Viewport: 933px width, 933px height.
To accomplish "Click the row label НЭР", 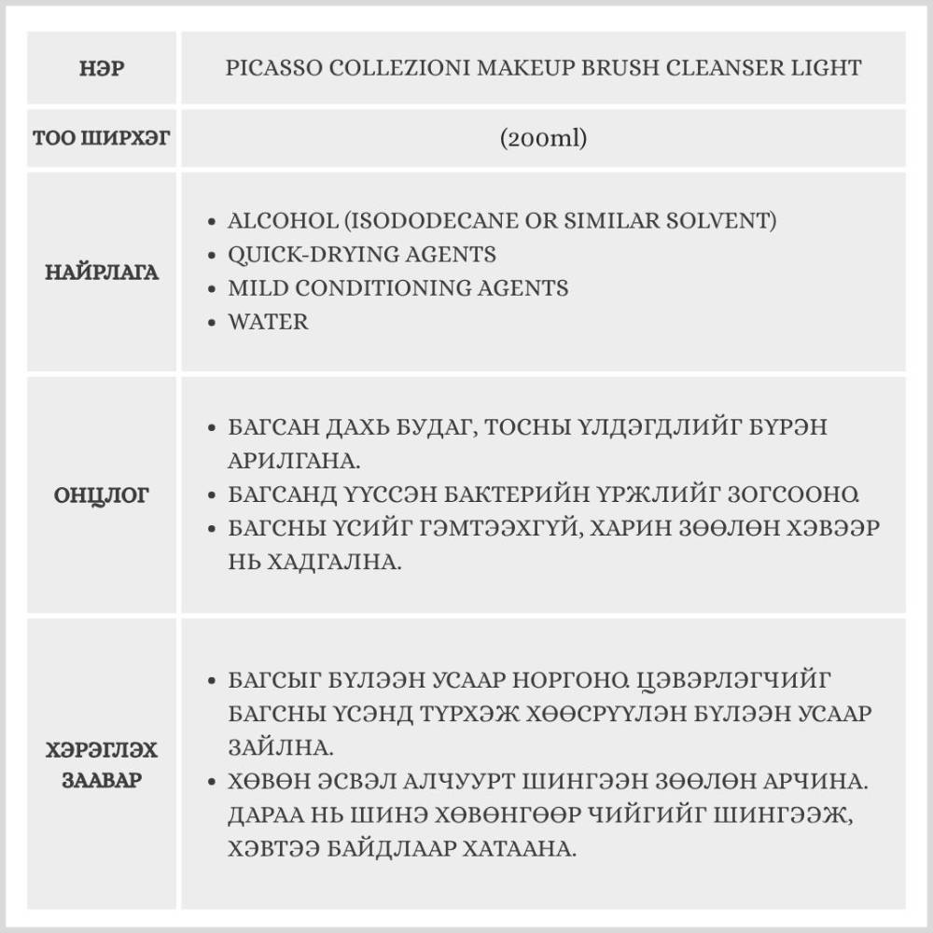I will click(x=102, y=68).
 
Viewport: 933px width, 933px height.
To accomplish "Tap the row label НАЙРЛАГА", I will click(x=102, y=272).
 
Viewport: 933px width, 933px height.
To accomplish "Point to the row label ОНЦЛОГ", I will click(x=102, y=494).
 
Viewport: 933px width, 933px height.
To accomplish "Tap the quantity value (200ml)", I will click(x=542, y=138).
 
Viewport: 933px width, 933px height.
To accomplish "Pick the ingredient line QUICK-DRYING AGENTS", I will click(x=362, y=255).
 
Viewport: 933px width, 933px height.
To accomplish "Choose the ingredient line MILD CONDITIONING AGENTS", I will click(x=397, y=288).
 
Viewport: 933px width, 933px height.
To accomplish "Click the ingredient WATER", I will click(x=268, y=322).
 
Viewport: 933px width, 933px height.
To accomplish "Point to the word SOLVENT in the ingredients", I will click(x=725, y=221).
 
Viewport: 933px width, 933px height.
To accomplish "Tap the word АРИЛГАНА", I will click(x=298, y=461).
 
